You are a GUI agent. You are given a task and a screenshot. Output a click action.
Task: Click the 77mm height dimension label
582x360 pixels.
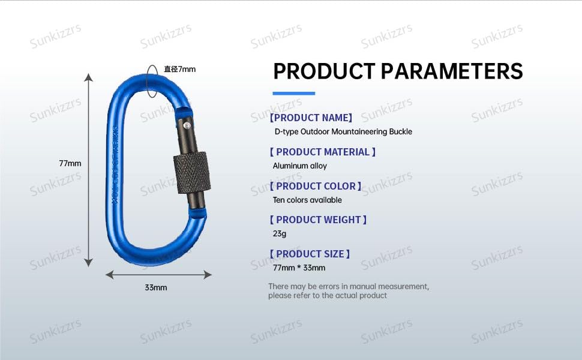(70, 163)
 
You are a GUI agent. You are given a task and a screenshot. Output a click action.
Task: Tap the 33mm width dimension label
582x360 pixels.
(155, 287)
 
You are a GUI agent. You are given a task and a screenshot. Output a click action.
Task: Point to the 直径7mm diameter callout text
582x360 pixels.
(180, 69)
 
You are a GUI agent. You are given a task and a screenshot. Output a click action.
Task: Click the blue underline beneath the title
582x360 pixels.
(293, 93)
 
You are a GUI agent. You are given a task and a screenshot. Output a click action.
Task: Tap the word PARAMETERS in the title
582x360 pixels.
(452, 71)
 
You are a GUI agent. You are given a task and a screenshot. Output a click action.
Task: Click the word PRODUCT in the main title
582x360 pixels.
(323, 71)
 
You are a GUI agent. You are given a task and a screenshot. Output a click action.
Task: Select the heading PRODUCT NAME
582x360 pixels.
(311, 118)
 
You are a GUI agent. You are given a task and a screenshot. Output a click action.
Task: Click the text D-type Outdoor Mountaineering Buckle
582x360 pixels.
(343, 131)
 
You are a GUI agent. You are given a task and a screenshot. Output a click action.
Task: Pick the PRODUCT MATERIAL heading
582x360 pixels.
(323, 152)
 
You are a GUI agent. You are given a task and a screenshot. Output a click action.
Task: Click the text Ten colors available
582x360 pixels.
(307, 200)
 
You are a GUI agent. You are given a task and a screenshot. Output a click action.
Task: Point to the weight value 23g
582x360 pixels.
(280, 233)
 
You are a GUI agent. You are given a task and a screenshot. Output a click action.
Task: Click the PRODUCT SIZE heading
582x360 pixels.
(310, 254)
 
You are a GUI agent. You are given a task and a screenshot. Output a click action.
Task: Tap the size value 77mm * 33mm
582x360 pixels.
(299, 268)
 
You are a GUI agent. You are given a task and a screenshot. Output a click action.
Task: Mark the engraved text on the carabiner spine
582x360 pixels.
(115, 159)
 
